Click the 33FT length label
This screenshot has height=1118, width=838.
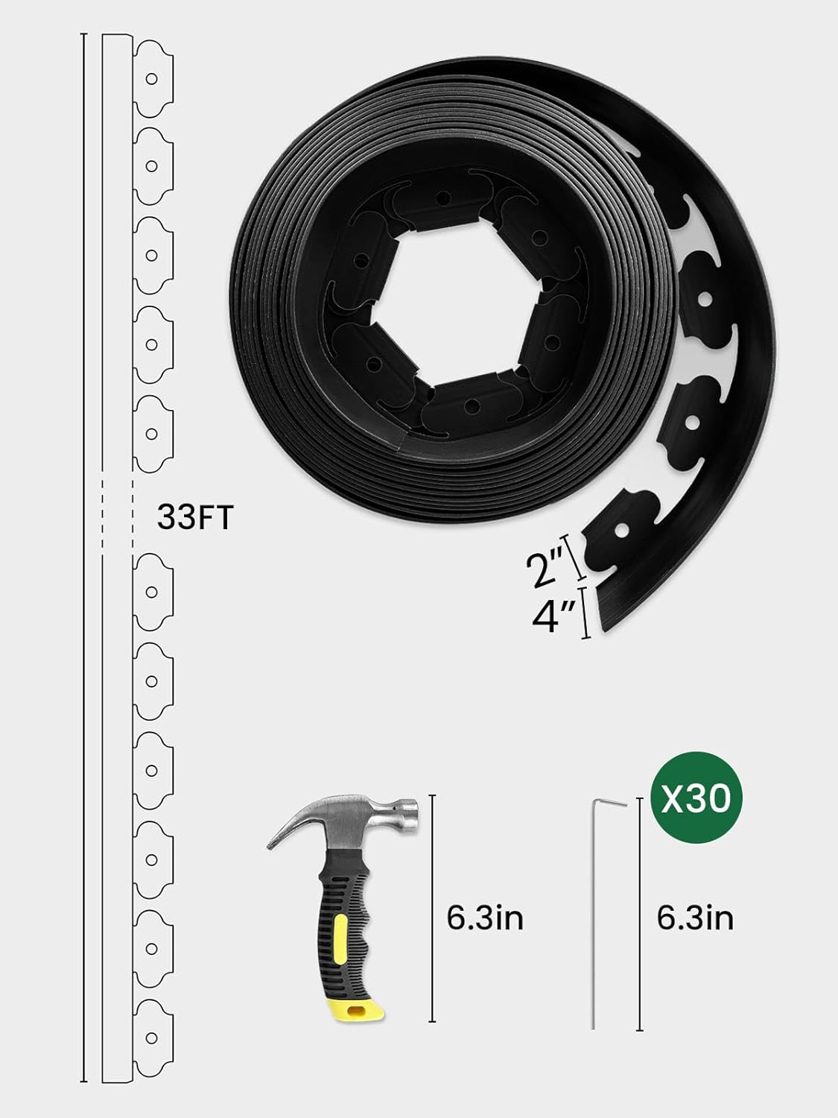[195, 517]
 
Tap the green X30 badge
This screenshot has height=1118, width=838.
[696, 797]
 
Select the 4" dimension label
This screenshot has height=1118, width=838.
[553, 616]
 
